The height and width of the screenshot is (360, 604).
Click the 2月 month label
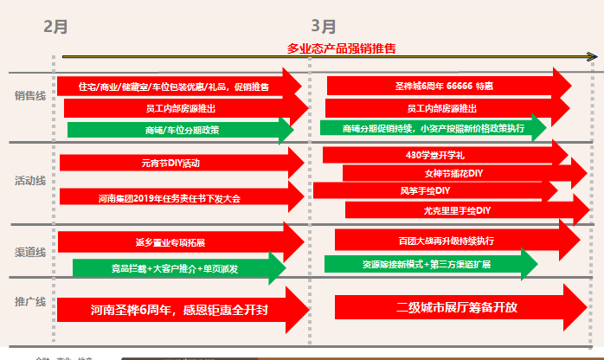coord(56,26)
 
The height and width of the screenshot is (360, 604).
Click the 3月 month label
coord(324,26)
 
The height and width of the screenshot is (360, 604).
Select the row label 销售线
coord(29,96)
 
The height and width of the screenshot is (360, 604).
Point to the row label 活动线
coord(29,182)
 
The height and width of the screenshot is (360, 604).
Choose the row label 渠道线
coord(29,251)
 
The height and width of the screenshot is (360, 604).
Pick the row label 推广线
coord(29,301)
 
